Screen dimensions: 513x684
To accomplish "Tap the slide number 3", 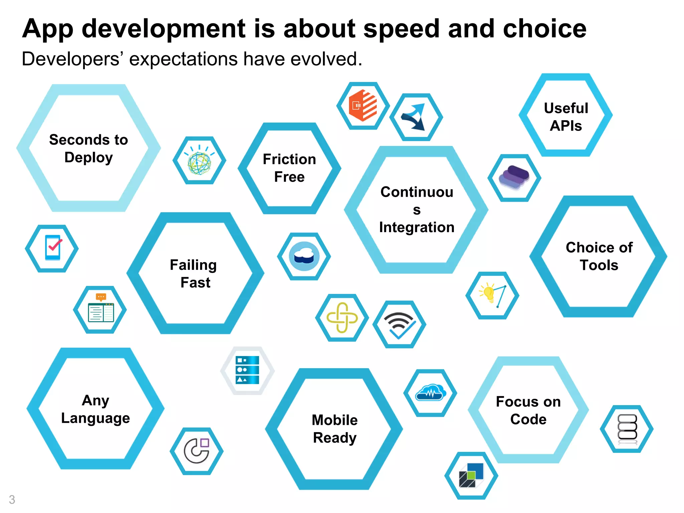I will [x=12, y=500].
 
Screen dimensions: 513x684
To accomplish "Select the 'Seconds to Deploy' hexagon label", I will [x=89, y=148].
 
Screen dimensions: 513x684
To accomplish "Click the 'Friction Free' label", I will [x=289, y=168].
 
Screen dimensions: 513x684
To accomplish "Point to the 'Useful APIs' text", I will [x=566, y=117].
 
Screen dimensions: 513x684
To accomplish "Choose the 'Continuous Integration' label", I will [x=416, y=210].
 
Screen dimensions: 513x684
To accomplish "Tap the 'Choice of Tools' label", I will [x=599, y=256].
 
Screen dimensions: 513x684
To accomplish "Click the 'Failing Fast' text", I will [x=194, y=274].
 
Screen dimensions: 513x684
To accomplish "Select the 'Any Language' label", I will [x=96, y=409].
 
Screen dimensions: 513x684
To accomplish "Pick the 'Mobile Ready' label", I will [x=335, y=429].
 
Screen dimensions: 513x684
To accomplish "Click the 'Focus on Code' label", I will [x=528, y=410].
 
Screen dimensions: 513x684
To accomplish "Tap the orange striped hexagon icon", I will [x=363, y=106].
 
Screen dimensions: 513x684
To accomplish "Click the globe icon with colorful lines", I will [x=199, y=161].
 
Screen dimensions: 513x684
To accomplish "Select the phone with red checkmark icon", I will [x=53, y=248].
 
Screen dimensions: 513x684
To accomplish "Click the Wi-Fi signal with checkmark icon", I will [x=399, y=324].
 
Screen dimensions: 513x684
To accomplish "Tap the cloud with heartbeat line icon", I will [x=430, y=393].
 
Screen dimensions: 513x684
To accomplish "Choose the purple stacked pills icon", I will [x=514, y=178].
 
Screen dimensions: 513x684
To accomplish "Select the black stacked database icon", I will [x=627, y=429].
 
